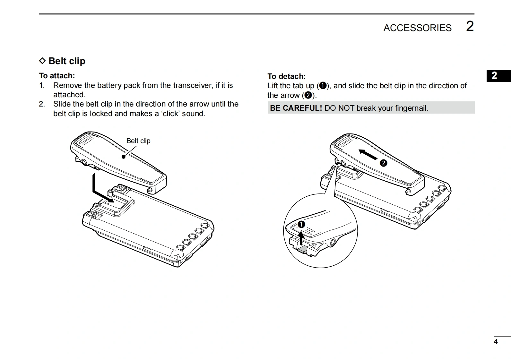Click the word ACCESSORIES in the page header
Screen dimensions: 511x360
pyautogui.click(x=417, y=28)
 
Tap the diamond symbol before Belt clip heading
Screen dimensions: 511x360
pyautogui.click(x=42, y=61)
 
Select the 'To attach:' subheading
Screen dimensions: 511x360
pyautogui.click(x=57, y=76)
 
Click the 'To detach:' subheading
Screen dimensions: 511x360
pyautogui.click(x=286, y=76)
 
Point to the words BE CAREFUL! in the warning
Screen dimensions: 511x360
pyautogui.click(x=296, y=108)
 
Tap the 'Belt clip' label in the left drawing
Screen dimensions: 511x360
pyautogui.click(x=138, y=141)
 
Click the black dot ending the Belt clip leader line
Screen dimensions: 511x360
pyautogui.click(x=123, y=157)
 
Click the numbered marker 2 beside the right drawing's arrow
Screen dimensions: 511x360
pyautogui.click(x=383, y=163)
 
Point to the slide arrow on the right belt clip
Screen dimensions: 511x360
pyautogui.click(x=368, y=154)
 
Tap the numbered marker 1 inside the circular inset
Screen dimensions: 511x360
pyautogui.click(x=301, y=225)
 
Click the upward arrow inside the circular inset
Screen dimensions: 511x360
pyautogui.click(x=301, y=238)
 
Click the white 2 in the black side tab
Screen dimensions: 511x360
pyautogui.click(x=494, y=76)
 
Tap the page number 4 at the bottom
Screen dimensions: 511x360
pyautogui.click(x=496, y=342)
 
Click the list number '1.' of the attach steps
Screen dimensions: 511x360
pyautogui.click(x=42, y=85)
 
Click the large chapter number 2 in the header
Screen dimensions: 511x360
pyautogui.click(x=470, y=26)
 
